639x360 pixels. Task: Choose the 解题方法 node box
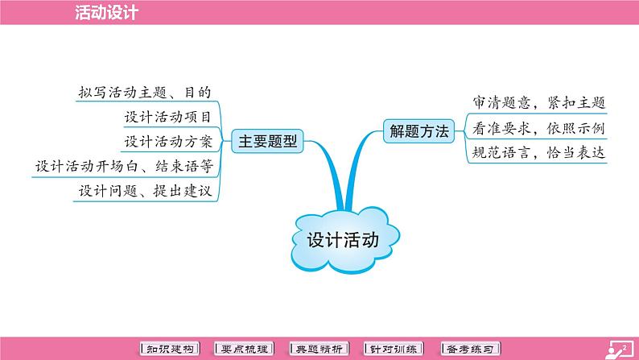coord(417,131)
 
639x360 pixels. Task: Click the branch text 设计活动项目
coord(168,117)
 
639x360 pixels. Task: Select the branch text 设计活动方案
coord(168,142)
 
